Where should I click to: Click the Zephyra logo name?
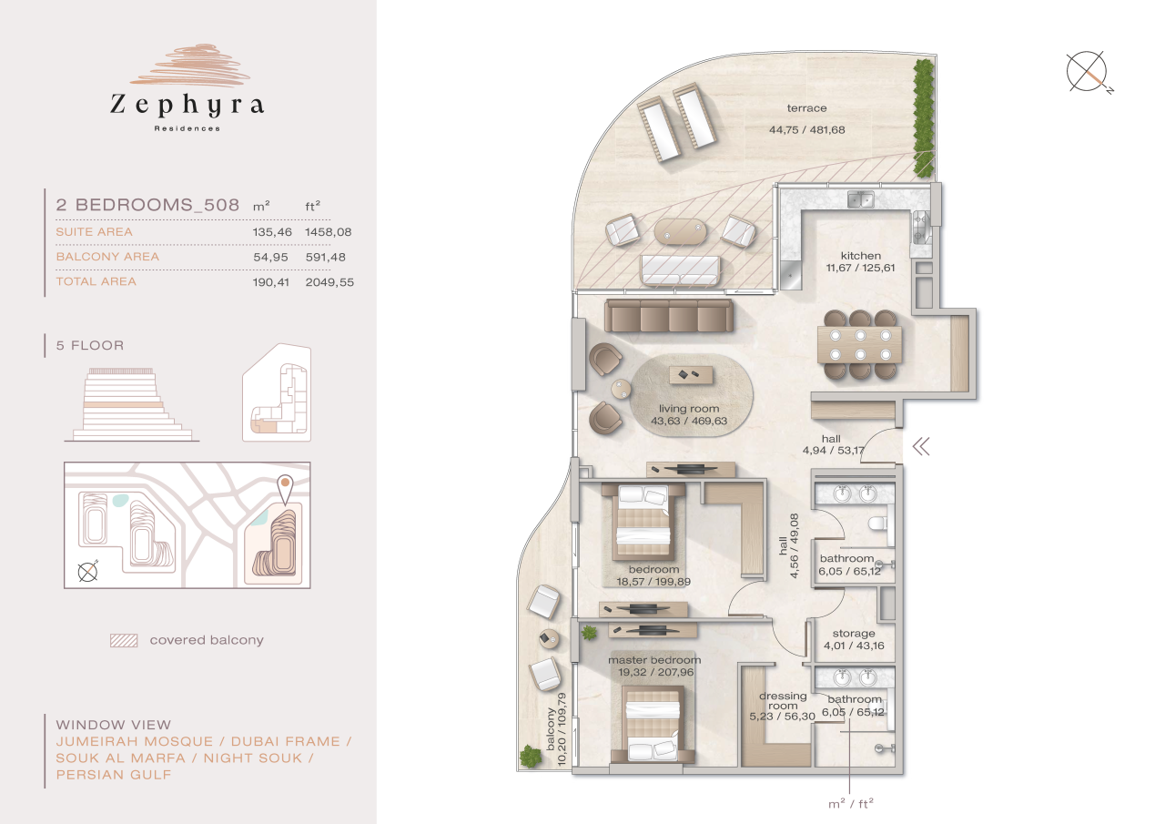tap(187, 105)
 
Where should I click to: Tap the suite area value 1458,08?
tap(328, 232)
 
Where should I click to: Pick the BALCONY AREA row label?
tap(107, 257)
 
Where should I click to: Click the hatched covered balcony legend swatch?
tap(123, 640)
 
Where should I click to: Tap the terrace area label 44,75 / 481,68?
tap(806, 129)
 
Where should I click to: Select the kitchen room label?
tap(860, 256)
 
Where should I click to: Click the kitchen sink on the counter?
tap(860, 199)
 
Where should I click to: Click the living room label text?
tap(689, 409)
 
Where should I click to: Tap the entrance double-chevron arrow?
tap(921, 446)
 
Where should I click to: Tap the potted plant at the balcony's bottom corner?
tap(530, 756)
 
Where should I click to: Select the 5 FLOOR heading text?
tap(90, 346)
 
